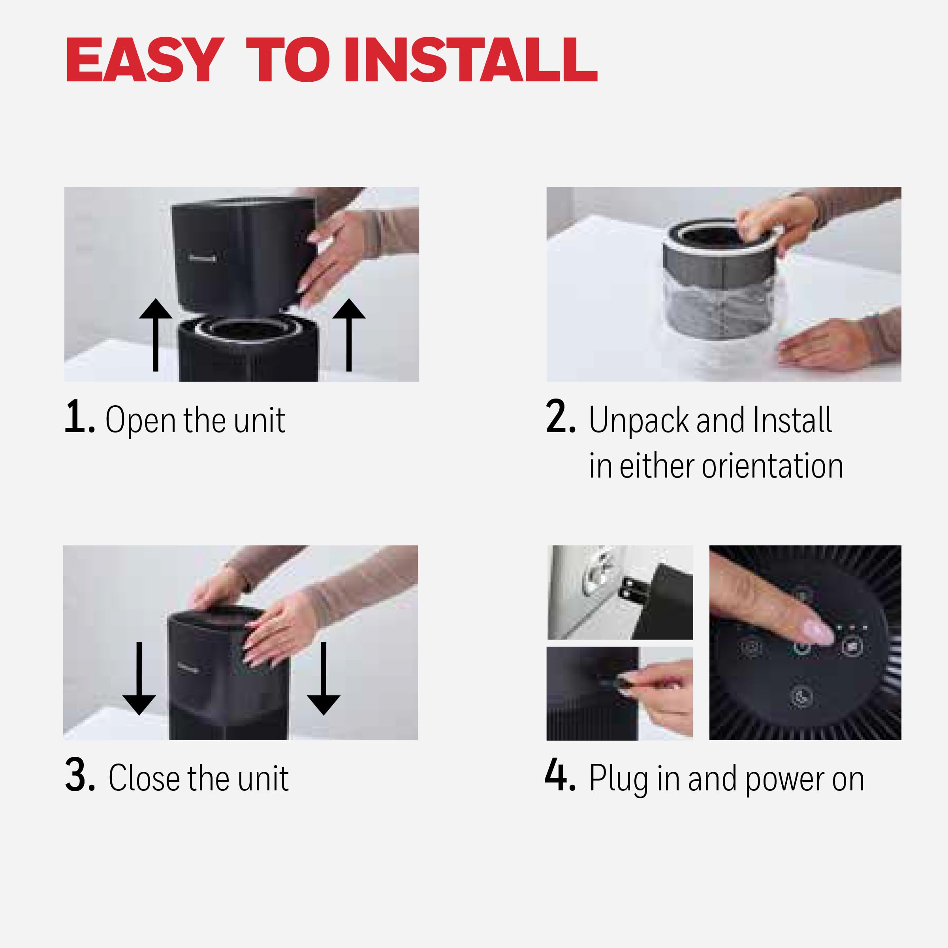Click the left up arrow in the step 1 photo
[156, 335]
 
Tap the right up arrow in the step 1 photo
[349, 335]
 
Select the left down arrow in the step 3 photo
[139, 679]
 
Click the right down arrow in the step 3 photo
[324, 679]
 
